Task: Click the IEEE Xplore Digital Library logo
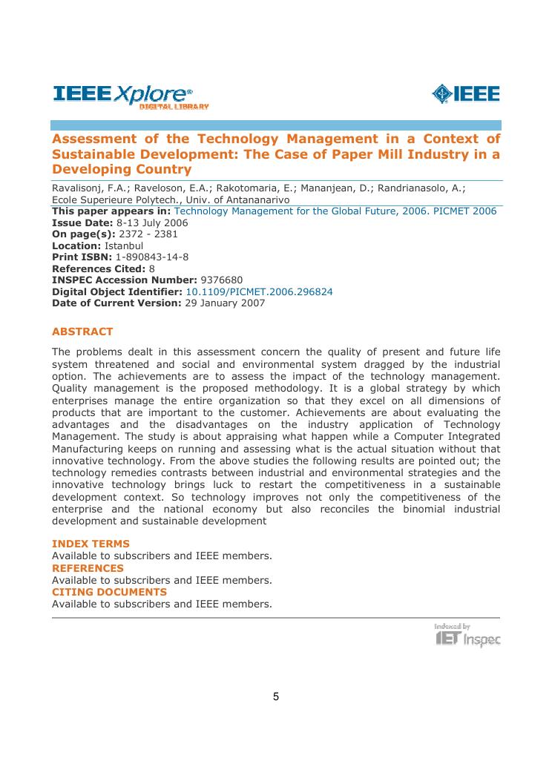point(131,96)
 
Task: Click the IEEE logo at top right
point(465,94)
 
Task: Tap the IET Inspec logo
point(467,636)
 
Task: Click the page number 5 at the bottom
point(276,696)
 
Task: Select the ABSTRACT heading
point(82,332)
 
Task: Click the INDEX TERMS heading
point(91,544)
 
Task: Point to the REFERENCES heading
point(88,567)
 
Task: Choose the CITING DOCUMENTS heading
point(109,592)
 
